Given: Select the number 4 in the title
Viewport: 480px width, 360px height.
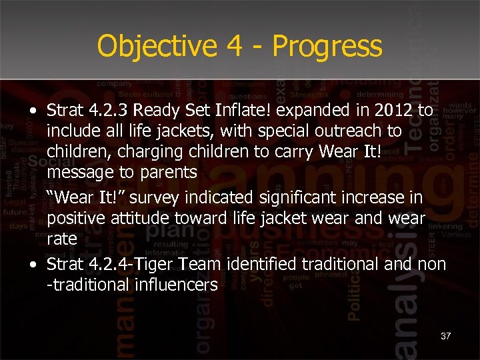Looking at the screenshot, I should coord(232,47).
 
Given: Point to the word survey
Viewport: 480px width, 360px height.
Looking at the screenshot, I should coord(143,197).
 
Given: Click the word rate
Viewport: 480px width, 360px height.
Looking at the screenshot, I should coord(61,239).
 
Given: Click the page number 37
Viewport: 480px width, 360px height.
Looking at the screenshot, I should coord(445,336).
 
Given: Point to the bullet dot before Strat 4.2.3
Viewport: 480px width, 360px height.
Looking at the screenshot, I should coord(33,111).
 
